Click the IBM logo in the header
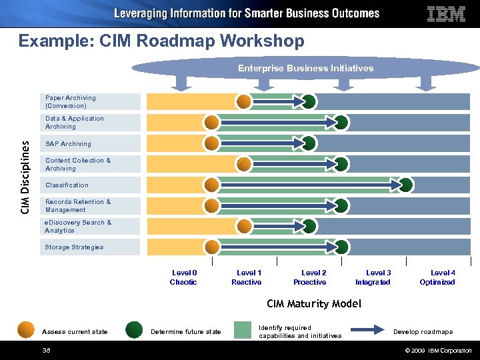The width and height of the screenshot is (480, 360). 446,14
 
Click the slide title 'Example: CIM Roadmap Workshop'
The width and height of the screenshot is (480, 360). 161,41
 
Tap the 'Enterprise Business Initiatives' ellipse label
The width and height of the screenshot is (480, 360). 305,68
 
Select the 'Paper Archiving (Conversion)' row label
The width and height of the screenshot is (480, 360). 70,102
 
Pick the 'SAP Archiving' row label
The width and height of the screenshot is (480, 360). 68,144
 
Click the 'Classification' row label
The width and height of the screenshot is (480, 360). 67,185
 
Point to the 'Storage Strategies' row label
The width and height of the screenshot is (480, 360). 74,247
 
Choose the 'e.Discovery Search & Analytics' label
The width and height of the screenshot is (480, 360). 77,227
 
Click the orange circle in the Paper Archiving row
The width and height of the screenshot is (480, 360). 245,101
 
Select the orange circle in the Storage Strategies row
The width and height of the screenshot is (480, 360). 212,247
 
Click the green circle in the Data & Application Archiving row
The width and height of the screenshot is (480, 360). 341,122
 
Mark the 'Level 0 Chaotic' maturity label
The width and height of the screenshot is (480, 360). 184,277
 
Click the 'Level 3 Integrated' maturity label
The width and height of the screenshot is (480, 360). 373,277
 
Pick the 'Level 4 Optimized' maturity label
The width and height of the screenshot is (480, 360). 438,277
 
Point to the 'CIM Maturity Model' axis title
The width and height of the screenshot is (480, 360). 314,304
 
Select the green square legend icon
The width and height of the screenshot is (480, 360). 243,331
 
